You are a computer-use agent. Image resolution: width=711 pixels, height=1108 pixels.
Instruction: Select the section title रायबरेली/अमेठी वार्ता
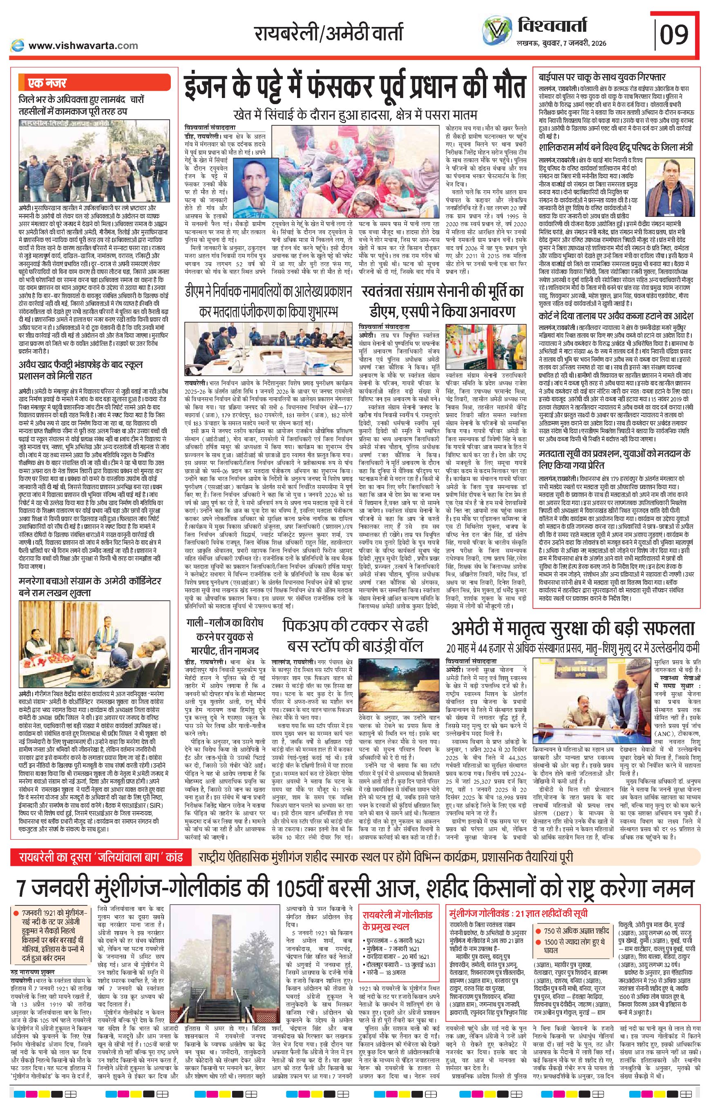coord(328,33)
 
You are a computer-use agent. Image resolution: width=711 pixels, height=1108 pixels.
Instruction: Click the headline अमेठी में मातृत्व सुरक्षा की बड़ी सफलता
coord(572,628)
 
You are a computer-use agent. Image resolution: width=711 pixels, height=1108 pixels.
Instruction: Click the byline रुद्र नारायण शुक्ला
coord(36,960)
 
